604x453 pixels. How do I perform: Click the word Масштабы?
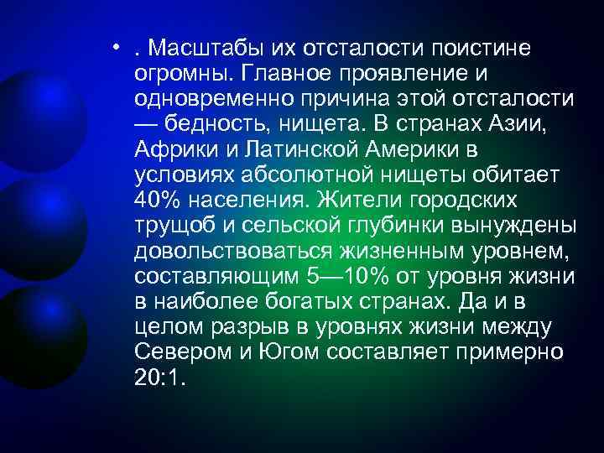pyautogui.click(x=201, y=49)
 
